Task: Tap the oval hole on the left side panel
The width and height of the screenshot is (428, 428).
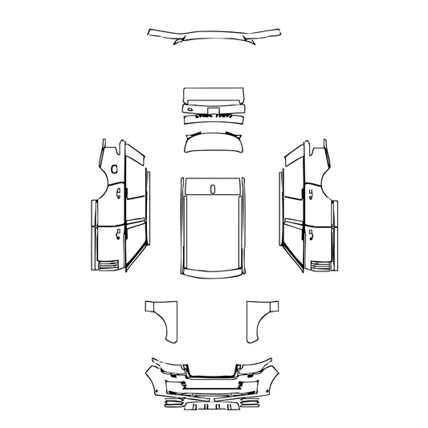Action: tap(113, 169)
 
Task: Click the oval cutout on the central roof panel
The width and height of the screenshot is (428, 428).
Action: tap(214, 189)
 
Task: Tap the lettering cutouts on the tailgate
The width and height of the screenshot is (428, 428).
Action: tap(213, 116)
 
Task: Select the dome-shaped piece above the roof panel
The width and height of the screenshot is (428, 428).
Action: tap(214, 145)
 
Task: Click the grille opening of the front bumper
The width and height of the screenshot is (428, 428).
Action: tap(213, 372)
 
